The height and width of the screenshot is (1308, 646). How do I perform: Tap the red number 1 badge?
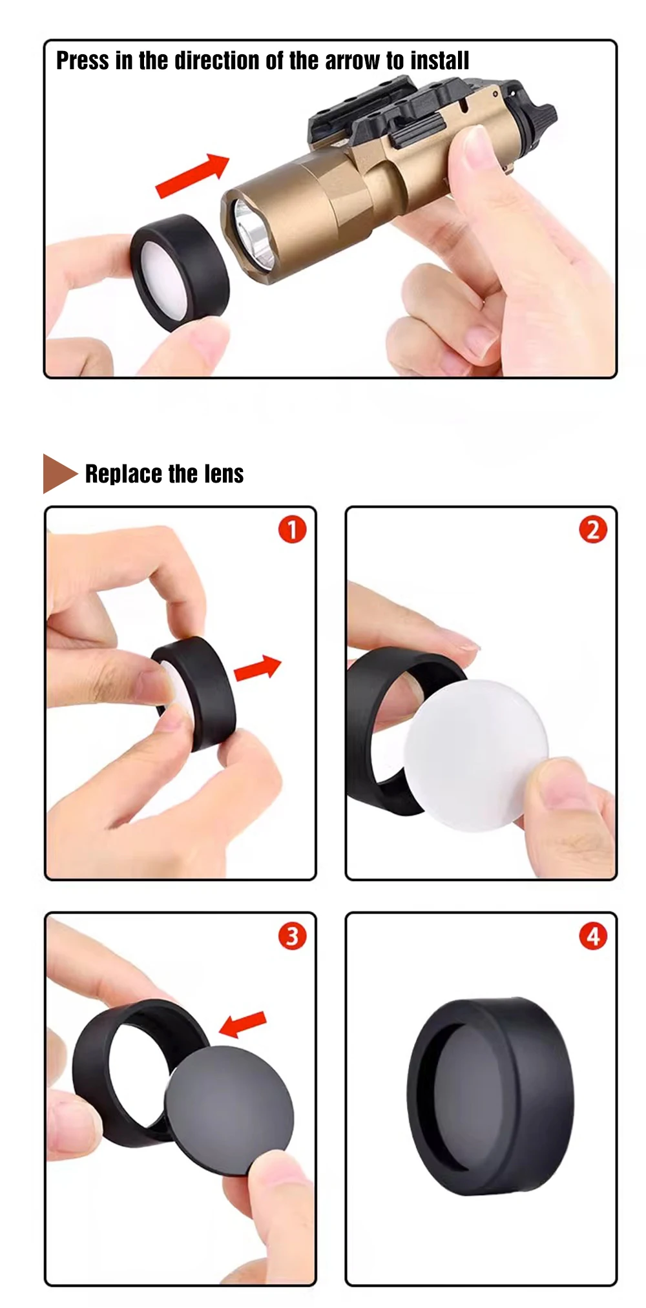[292, 530]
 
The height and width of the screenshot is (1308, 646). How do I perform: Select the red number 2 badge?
[593, 530]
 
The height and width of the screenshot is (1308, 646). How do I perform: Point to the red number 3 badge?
[292, 935]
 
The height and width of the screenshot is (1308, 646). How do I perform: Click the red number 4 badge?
[593, 935]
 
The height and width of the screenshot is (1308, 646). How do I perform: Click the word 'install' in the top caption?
[439, 61]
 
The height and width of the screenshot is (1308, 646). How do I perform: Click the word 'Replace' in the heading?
[123, 473]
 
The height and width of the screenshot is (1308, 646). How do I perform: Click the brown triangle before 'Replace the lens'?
[59, 473]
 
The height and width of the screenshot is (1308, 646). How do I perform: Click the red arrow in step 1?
[257, 668]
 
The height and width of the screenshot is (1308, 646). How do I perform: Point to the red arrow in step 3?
[242, 1023]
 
